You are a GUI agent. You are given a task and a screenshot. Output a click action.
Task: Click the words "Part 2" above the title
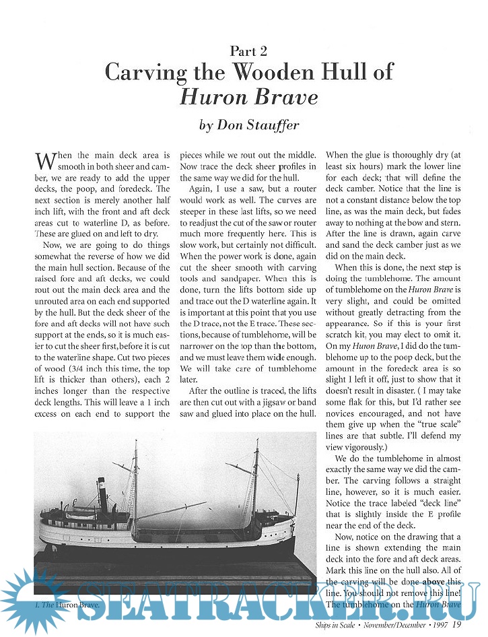tap(248, 51)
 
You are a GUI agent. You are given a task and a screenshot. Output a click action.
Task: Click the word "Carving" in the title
tap(144, 72)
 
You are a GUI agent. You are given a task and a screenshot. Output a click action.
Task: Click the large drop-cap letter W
tap(44, 162)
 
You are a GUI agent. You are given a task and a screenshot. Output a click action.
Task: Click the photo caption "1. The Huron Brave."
tap(67, 605)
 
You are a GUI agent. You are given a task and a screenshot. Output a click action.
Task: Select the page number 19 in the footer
tap(456, 625)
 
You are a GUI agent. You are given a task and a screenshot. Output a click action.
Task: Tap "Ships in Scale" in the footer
tap(337, 626)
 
